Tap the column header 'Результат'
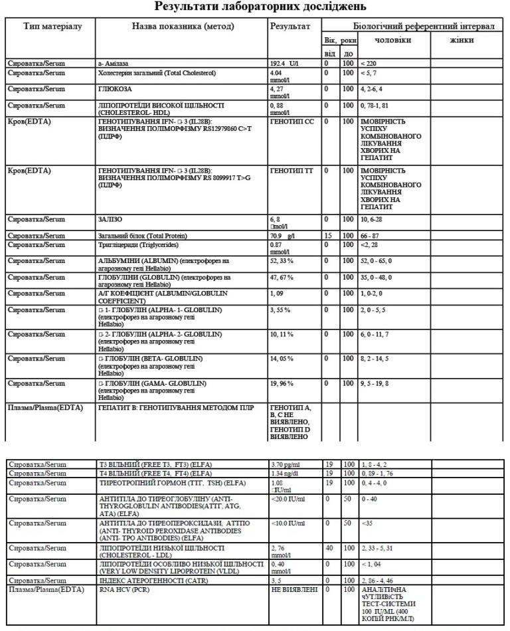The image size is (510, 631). coord(290,26)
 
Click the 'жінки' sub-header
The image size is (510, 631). coord(462,40)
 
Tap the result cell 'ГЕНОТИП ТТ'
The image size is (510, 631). coord(291,171)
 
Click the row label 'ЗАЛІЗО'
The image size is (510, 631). coord(110,219)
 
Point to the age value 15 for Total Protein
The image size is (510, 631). coord(328,236)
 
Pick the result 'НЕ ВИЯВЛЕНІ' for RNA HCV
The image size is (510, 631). coord(294,589)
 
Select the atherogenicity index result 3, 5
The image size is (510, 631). coord(278,580)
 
